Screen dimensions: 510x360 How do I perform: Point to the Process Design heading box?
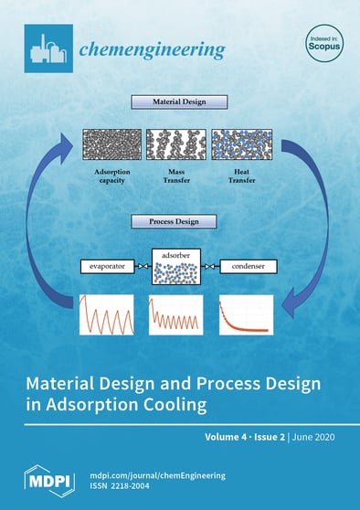pos(180,221)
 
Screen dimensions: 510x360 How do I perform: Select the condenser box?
pos(250,269)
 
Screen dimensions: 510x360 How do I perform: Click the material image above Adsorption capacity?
pos(111,145)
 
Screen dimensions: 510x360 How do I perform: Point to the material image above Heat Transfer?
pos(242,145)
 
